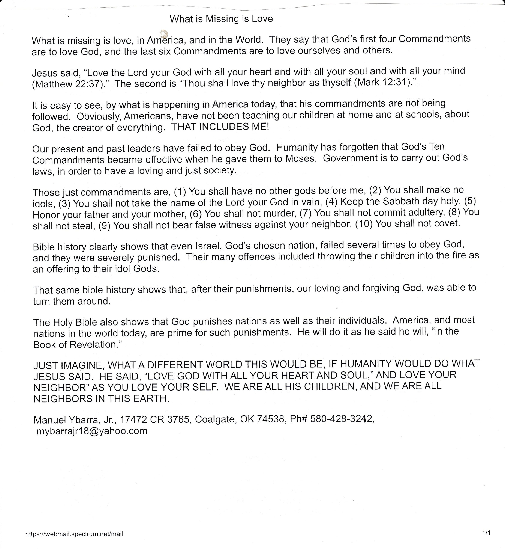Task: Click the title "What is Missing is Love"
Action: [x=221, y=19]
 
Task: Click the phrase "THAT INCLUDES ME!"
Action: [x=220, y=127]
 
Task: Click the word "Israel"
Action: [x=209, y=246]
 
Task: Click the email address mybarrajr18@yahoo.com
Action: [x=92, y=431]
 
